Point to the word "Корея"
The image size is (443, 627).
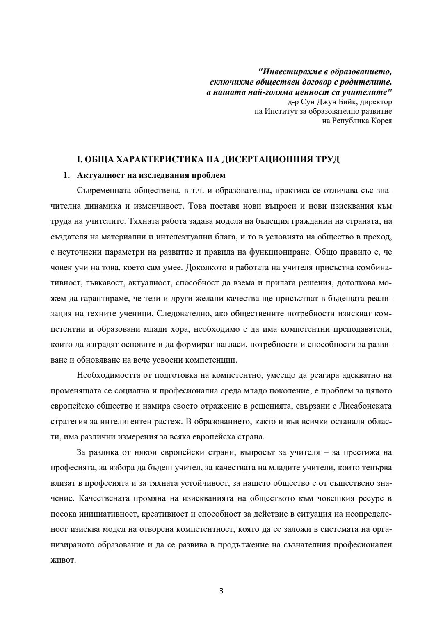tap(381, 121)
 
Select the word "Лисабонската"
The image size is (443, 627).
tap(365, 406)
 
